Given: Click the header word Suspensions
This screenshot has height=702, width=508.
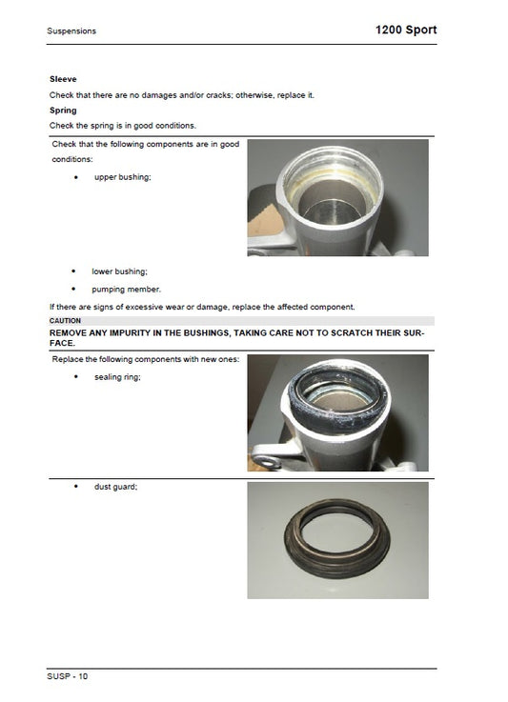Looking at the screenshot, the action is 71,30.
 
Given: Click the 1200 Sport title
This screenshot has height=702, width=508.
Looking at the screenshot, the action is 406,30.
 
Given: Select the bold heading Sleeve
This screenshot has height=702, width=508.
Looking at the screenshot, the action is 63,79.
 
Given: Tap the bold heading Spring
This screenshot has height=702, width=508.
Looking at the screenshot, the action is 63,110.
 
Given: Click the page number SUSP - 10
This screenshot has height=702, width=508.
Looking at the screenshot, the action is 68,676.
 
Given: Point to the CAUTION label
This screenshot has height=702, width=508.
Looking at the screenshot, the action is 65,321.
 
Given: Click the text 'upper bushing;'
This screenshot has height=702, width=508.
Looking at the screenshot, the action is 123,177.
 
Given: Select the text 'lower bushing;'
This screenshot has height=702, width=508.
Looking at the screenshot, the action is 119,271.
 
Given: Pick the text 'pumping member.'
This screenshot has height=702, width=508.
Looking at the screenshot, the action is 127,290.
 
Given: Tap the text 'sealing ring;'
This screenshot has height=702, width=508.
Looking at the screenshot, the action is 117,377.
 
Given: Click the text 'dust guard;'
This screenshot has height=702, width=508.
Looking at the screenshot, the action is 115,487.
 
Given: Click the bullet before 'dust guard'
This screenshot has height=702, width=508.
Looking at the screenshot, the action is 75,487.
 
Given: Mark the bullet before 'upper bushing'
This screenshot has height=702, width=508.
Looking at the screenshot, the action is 75,178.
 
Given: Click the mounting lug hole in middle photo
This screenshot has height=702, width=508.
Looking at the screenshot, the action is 267,462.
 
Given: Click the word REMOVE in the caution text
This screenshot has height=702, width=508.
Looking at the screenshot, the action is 68,333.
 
